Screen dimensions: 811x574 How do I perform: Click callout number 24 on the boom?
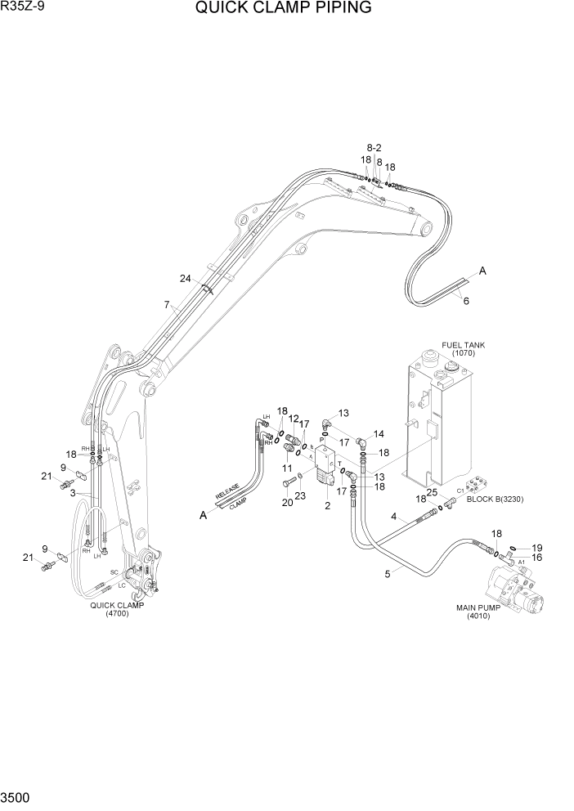(x=186, y=278)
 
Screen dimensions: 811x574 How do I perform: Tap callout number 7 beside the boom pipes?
(x=166, y=305)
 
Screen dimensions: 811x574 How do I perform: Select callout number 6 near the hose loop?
(x=466, y=301)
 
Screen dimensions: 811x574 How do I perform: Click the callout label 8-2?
(x=374, y=147)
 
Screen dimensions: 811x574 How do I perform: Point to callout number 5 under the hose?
(x=388, y=573)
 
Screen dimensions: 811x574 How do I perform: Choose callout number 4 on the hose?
(x=393, y=517)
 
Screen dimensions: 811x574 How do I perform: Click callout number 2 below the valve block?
(x=327, y=506)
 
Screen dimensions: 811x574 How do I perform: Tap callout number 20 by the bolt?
(x=287, y=503)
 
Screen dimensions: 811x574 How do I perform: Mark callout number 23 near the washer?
(x=300, y=495)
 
